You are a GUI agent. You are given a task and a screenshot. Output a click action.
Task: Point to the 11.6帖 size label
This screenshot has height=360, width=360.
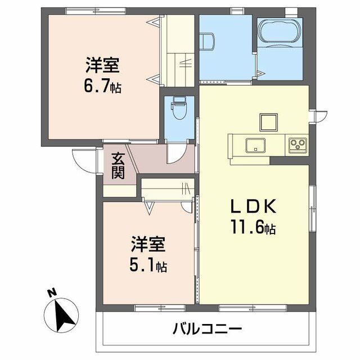(x=253, y=229)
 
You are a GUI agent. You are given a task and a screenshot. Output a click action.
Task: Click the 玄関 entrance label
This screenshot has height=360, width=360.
(x=117, y=165)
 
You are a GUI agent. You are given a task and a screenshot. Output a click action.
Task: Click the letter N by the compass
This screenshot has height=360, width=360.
(x=51, y=292)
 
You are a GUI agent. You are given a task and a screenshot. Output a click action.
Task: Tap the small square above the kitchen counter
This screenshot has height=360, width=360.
(x=268, y=121)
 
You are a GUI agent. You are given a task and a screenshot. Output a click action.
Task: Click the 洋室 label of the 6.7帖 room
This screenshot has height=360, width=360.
(x=102, y=66)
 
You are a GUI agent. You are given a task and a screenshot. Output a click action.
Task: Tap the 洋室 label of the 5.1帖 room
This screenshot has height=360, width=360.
(x=148, y=245)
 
